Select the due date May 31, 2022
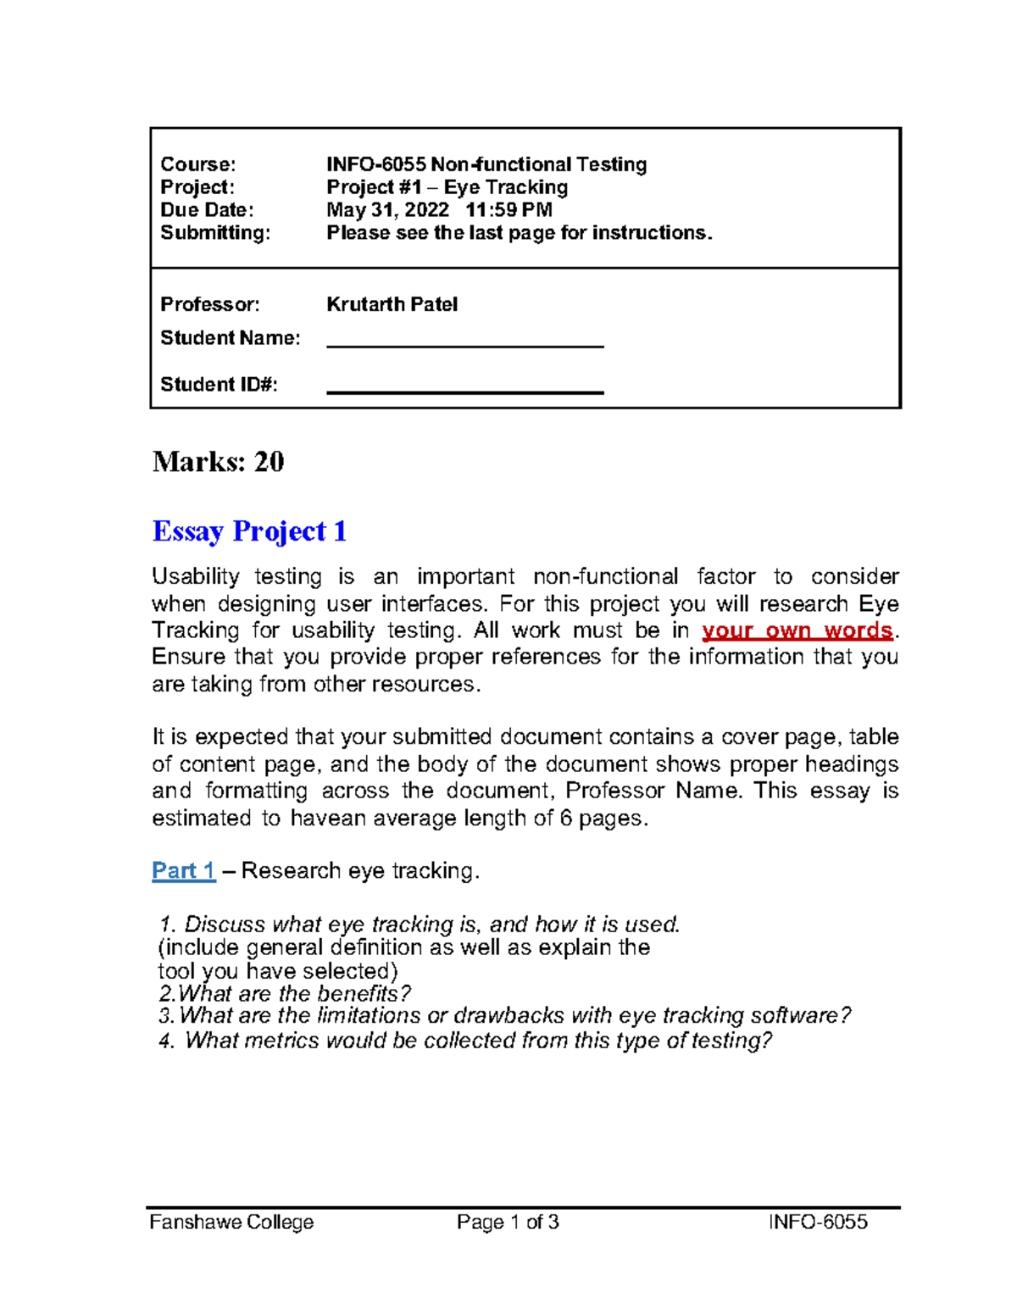pos(387,209)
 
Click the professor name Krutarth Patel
pos(392,304)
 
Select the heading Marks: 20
pos(218,462)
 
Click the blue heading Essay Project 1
pos(249,531)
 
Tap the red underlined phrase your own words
pos(797,630)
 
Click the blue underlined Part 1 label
pos(183,870)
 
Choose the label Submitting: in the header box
pos(215,232)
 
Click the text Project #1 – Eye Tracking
pos(447,187)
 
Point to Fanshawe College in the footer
pos(231,1222)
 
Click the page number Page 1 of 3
pos(508,1222)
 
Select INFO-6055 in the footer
pos(818,1222)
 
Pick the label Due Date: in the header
pos(207,209)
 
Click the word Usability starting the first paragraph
pos(195,577)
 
